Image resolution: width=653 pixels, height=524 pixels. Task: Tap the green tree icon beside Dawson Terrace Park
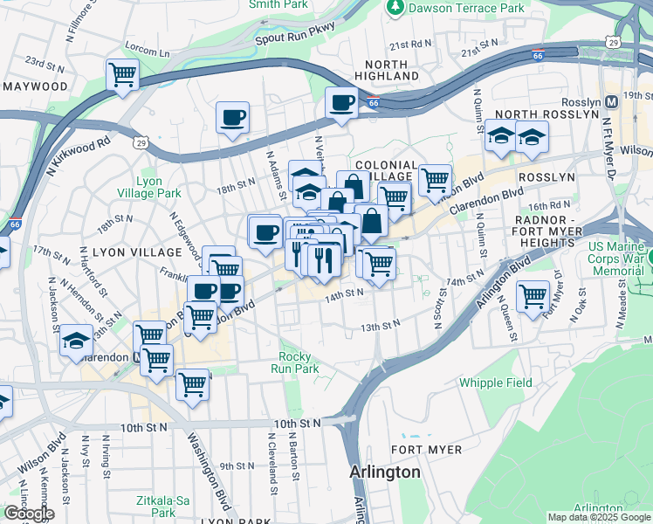click(x=395, y=7)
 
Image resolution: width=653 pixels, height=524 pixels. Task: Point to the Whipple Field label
click(x=494, y=383)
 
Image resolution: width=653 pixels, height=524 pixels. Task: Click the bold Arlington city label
click(x=384, y=472)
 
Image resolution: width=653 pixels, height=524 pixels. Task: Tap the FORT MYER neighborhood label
click(x=426, y=449)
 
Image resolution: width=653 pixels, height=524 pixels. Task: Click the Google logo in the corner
click(x=28, y=514)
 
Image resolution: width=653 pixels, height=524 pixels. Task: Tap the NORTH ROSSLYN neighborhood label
click(x=536, y=115)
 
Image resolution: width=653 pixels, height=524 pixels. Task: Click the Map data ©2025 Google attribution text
click(x=599, y=517)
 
